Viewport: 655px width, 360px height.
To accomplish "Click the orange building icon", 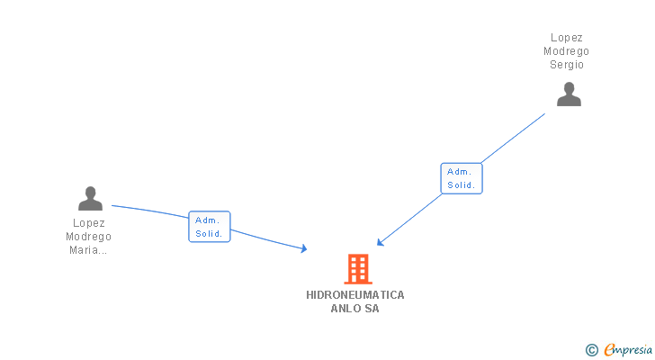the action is [358, 268].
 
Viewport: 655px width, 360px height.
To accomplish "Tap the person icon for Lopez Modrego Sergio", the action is [569, 94].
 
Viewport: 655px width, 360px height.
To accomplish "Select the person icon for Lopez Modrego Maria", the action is [90, 198].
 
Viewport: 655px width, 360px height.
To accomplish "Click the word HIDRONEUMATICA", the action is [355, 295].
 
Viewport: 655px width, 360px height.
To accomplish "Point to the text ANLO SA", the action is [355, 309].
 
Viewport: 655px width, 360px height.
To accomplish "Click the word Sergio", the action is [567, 65].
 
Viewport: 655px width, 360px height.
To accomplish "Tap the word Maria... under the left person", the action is [88, 250].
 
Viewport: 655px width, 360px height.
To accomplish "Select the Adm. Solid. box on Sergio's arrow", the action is [462, 178].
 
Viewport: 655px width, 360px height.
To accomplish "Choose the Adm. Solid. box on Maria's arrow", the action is [210, 226].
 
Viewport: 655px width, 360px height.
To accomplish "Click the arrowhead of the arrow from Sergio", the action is [381, 242].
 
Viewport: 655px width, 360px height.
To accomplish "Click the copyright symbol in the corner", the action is [591, 350].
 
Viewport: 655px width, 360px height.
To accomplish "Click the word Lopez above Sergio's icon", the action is [567, 38].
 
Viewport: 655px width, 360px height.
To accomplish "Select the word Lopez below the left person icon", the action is [88, 223].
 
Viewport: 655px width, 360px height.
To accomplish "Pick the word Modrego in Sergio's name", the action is [567, 51].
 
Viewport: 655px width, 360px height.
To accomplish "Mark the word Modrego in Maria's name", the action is [88, 237].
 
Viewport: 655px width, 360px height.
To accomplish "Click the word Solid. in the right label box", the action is [462, 185].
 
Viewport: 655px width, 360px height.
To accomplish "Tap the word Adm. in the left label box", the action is [208, 220].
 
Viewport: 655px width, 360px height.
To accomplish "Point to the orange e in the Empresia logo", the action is [609, 350].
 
